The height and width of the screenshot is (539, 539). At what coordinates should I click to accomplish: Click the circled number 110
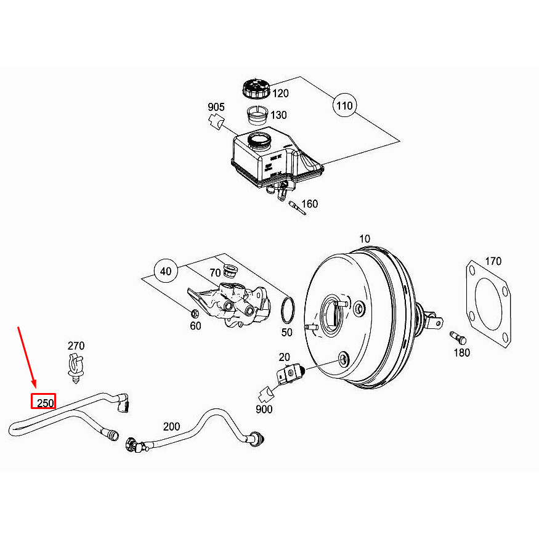coord(344,106)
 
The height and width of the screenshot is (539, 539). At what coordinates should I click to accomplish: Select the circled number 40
coord(165,271)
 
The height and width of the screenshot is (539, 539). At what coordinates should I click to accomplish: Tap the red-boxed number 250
coord(44,402)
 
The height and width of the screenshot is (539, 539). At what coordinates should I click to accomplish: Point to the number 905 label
coord(216,108)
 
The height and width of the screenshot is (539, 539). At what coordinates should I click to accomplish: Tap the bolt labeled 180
coord(457,338)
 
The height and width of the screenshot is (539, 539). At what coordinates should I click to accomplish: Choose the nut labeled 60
coord(194,312)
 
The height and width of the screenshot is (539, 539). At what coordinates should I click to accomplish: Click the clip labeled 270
coord(75,368)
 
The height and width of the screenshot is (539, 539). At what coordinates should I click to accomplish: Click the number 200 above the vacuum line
coord(172,426)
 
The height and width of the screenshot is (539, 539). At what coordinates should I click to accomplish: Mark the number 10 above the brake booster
coord(365,238)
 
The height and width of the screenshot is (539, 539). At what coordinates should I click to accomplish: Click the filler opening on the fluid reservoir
coord(259,140)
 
